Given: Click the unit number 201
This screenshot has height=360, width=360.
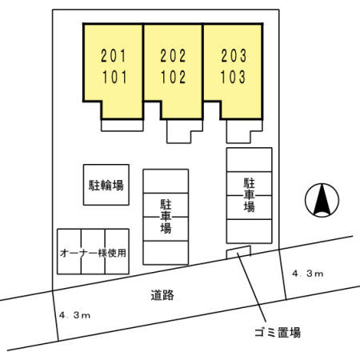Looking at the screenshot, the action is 113,56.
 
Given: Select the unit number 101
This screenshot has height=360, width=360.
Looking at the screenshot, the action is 115,77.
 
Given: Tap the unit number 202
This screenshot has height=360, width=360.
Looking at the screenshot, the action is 173,56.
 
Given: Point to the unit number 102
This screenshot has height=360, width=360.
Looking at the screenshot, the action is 173,77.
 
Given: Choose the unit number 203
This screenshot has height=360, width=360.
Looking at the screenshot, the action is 234,56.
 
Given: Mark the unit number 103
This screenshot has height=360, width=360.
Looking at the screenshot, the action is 233,77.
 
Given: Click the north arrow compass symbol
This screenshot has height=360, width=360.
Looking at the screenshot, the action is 322,200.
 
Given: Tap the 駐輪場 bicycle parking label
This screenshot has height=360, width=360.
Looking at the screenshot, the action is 106,185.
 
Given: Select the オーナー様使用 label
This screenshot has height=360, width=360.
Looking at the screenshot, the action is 93,253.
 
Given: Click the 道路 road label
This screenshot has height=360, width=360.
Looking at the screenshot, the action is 162,295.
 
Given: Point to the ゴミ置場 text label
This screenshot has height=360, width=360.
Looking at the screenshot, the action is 278,333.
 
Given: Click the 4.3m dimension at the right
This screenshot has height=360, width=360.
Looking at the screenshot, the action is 308,274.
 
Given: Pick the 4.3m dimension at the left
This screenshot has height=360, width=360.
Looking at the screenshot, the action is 74,315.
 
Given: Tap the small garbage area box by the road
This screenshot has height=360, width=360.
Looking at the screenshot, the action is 238,252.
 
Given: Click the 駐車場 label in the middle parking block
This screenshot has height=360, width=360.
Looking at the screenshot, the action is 166,217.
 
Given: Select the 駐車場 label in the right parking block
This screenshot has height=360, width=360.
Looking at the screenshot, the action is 249,195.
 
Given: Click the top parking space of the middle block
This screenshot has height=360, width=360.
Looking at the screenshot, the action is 166,181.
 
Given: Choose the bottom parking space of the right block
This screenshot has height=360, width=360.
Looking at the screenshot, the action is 249,231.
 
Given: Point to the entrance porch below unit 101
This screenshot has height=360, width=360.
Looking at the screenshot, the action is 122,126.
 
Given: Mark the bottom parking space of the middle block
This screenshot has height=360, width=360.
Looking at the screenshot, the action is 166,253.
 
